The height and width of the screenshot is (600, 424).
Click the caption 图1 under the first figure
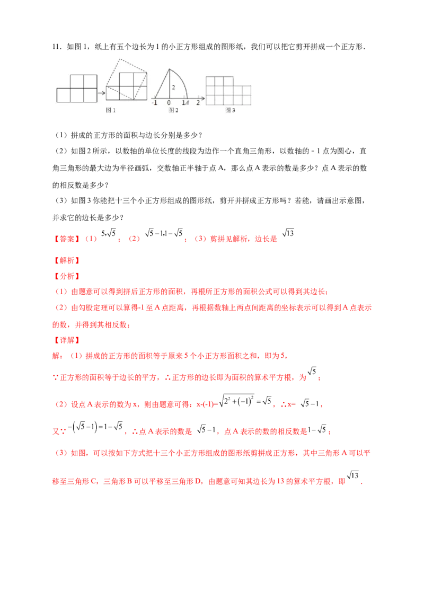pyautogui.click(x=111, y=110)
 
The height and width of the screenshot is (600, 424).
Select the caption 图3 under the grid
pyautogui.click(x=230, y=110)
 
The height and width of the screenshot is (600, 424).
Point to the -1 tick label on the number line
pyautogui.click(x=154, y=103)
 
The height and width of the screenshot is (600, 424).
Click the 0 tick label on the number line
pyautogui.click(x=169, y=103)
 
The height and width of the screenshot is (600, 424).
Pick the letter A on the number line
pyautogui.click(x=187, y=103)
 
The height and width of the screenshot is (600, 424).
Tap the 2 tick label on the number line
pyautogui.click(x=198, y=103)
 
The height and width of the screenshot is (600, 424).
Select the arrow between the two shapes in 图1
pyautogui.click(x=101, y=92)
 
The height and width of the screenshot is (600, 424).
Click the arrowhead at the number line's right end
pyautogui.click(x=204, y=99)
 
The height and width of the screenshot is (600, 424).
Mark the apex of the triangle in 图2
pyautogui.click(x=169, y=69)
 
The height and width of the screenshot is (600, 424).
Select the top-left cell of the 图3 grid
pyautogui.click(x=210, y=81)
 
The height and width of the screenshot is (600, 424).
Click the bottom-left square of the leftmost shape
pyautogui.click(x=64, y=95)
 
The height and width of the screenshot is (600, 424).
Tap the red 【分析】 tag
pyautogui.click(x=67, y=276)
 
